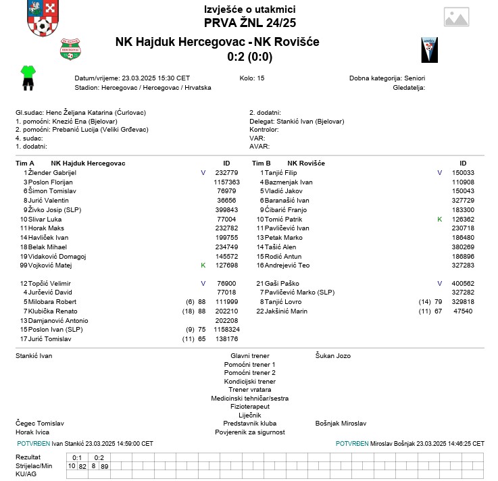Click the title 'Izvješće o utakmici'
249,9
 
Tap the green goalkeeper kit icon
28,77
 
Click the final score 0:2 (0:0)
250,57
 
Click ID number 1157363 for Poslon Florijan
226,182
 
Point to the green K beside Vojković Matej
203,265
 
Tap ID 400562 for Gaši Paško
463,283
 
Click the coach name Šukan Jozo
333,355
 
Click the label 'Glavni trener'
249,355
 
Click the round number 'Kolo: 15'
252,78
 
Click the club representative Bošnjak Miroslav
341,424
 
